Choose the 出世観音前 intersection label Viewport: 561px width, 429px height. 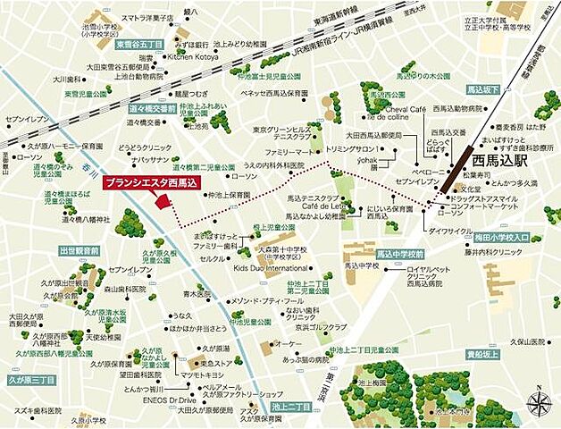point(78,252)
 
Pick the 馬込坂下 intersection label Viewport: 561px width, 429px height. point(486,89)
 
